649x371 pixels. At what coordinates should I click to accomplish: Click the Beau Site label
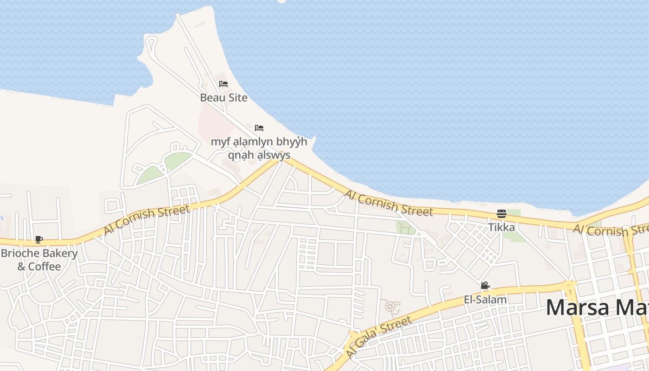click(x=223, y=98)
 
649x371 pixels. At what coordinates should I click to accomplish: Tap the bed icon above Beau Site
click(x=223, y=84)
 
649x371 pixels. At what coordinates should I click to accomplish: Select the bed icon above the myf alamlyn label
click(x=259, y=128)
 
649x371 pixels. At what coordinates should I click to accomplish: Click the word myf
click(x=219, y=142)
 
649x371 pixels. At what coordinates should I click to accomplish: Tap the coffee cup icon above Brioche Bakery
click(x=39, y=240)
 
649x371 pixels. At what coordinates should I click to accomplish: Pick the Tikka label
click(x=501, y=227)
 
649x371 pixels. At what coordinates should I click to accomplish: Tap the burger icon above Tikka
click(x=501, y=214)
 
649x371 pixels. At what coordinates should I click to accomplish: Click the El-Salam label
click(x=485, y=300)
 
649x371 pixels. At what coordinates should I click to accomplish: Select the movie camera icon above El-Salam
click(x=485, y=286)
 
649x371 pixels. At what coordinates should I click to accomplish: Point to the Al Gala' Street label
click(x=379, y=337)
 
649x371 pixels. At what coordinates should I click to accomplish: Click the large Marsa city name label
click(x=597, y=307)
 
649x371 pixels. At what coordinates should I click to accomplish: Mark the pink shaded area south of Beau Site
click(x=214, y=122)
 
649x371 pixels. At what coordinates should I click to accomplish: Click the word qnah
click(x=240, y=155)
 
